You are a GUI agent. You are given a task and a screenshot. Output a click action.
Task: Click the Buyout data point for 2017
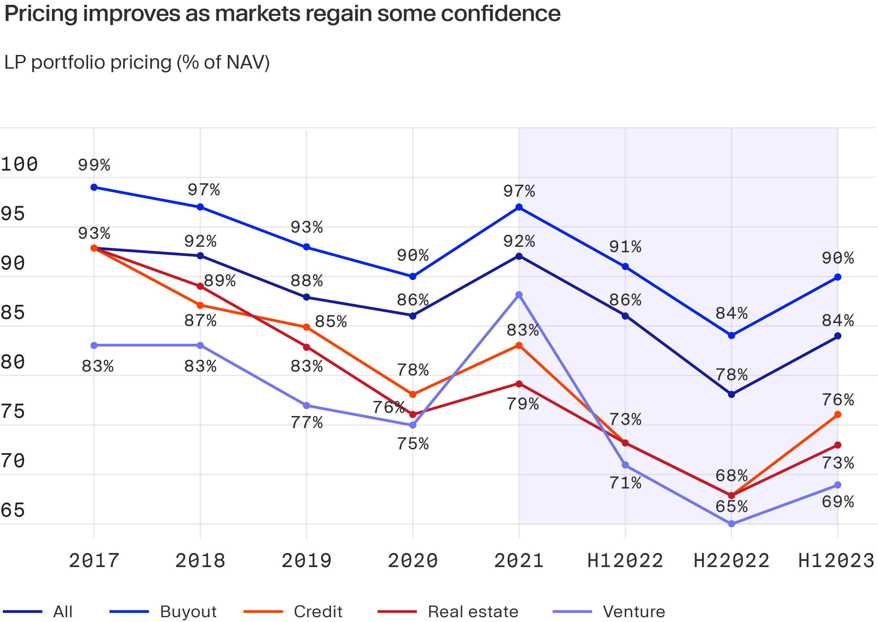pos(94,187)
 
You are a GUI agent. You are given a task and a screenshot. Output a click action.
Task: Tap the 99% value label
pos(94,165)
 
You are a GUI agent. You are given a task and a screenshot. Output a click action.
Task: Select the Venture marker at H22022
pos(731,523)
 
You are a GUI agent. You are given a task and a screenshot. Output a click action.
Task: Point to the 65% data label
pos(731,506)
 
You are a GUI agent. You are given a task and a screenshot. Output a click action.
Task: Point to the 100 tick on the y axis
pos(19,164)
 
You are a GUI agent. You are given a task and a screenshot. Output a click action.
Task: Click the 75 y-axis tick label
pos(13,411)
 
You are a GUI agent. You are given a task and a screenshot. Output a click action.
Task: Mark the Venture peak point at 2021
pos(519,295)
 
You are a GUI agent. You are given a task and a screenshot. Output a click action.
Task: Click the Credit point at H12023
pos(838,414)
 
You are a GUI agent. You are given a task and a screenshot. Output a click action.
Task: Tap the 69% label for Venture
pos(838,502)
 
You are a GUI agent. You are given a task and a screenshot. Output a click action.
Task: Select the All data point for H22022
pos(731,394)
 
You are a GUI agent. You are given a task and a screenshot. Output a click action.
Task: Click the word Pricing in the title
pos(40,14)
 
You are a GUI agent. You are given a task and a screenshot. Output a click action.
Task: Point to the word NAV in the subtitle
pos(245,62)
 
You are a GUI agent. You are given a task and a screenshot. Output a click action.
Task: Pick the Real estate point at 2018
pos(200,286)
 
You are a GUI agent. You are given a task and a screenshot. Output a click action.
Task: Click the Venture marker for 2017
pos(94,345)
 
